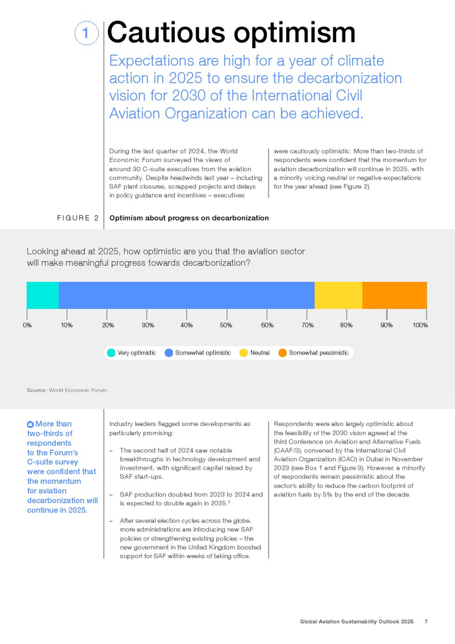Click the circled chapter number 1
click(86, 33)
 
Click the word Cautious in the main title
click(166, 33)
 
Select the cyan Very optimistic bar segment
click(43, 295)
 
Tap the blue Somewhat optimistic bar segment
click(187, 295)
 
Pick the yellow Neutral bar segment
click(339, 295)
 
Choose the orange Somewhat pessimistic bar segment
click(395, 295)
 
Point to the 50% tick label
click(226, 325)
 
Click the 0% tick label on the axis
click(27, 325)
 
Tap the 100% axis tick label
click(420, 325)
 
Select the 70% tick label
click(307, 325)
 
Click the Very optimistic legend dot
click(110, 353)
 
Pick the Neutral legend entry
click(254, 353)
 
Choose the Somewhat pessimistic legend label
click(318, 353)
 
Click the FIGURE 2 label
click(78, 218)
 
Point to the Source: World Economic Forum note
click(68, 390)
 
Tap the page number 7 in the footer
click(426, 621)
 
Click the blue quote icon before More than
click(31, 424)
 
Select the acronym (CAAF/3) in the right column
click(289, 451)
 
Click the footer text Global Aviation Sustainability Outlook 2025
click(357, 621)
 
